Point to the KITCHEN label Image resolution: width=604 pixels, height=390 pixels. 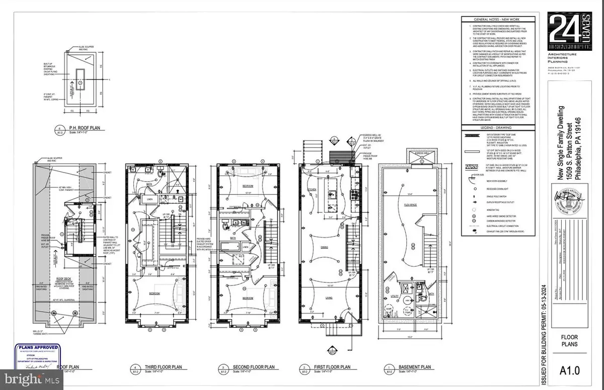pyautogui.click(x=312, y=189)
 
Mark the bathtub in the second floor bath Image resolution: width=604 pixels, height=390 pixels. pyautogui.click(x=234, y=245)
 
